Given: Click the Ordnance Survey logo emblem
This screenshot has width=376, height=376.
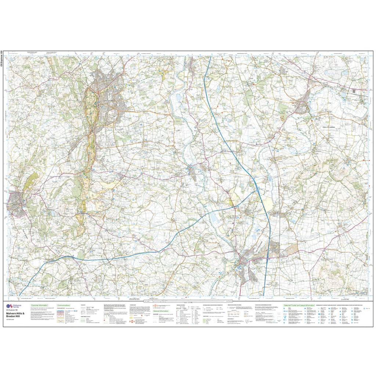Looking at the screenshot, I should tap(9, 306).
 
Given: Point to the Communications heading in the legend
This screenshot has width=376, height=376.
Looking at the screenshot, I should tap(64, 305).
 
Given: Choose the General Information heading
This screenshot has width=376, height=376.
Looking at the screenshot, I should tap(161, 311).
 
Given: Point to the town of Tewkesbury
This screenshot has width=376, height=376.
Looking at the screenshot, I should tap(241, 263).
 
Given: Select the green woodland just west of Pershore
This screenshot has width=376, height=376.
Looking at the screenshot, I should tap(282, 109).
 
